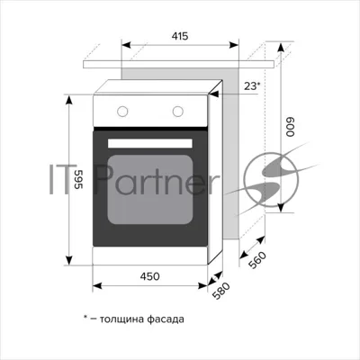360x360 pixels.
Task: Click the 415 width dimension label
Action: coord(180,36)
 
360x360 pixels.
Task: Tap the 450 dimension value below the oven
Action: coord(150,276)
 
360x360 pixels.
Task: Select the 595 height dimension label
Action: coord(78,179)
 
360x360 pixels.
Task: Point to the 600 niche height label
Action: coord(291,127)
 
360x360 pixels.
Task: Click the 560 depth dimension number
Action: coord(257,260)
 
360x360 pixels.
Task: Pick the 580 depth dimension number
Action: coord(220,291)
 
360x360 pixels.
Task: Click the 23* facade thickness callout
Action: coord(252,86)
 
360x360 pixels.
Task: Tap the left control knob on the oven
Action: coord(122,112)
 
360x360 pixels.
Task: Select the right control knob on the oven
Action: coord(178,112)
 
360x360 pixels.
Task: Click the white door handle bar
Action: coord(150,143)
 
